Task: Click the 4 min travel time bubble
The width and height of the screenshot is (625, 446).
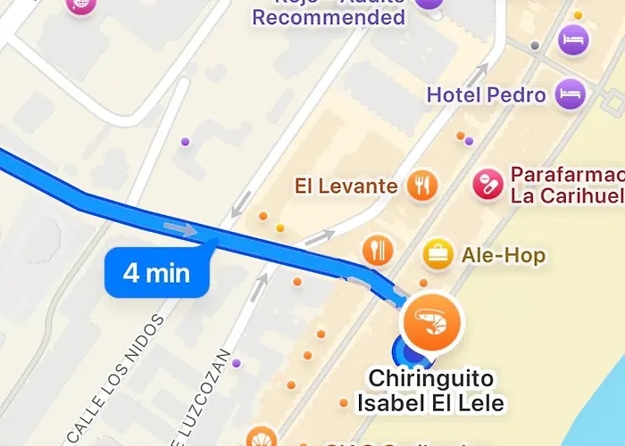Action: click(x=157, y=272)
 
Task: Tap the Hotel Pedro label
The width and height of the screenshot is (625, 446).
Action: click(x=486, y=95)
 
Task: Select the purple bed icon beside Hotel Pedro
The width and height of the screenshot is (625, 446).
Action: click(x=569, y=93)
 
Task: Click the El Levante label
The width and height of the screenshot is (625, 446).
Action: click(x=346, y=186)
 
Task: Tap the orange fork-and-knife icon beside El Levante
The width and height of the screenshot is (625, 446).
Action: click(x=421, y=185)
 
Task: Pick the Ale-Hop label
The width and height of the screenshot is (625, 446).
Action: click(x=503, y=255)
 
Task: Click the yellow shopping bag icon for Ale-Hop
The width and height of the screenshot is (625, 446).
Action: click(x=437, y=254)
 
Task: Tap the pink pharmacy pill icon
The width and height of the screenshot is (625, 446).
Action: click(x=487, y=184)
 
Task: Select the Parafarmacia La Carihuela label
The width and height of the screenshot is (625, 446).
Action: click(x=566, y=185)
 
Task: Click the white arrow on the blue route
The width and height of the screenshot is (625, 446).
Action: click(x=182, y=229)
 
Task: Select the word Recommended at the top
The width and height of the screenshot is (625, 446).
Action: click(x=329, y=17)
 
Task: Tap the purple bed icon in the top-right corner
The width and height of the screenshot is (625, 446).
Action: click(x=572, y=39)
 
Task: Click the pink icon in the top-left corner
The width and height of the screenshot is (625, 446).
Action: click(x=80, y=5)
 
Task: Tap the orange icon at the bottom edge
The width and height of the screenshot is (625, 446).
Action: click(x=260, y=437)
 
